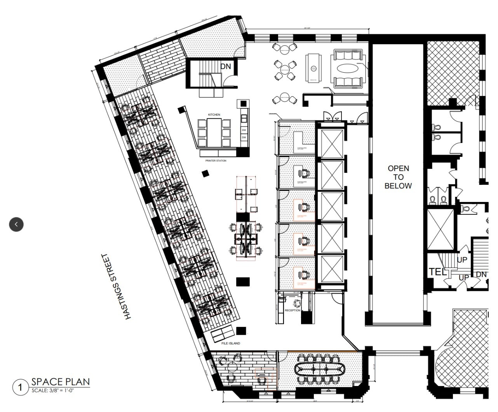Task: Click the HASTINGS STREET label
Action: (116, 287)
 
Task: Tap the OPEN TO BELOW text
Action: (398, 177)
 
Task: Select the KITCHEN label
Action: (214, 115)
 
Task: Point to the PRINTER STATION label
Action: (216, 160)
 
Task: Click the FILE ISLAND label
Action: (231, 343)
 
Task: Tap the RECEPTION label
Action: (293, 310)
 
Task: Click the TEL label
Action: (438, 272)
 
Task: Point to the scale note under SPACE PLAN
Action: (52, 390)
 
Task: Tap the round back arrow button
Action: (16, 224)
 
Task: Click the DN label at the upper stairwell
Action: (226, 66)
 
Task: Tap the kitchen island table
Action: (214, 132)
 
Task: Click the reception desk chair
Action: (298, 303)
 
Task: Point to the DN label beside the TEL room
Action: (481, 275)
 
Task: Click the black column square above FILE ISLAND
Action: (241, 330)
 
